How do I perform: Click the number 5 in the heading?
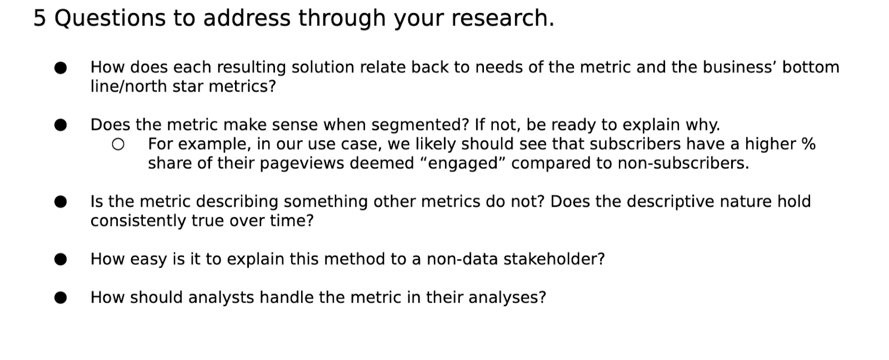tap(39, 18)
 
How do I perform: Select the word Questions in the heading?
tap(110, 18)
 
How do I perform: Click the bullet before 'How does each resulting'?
tap(61, 68)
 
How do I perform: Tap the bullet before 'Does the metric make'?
tap(61, 125)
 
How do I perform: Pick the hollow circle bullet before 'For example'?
tap(118, 144)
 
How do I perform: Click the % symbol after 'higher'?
tap(808, 144)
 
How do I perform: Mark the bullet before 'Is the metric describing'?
tap(61, 202)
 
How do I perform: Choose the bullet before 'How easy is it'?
tap(61, 259)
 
